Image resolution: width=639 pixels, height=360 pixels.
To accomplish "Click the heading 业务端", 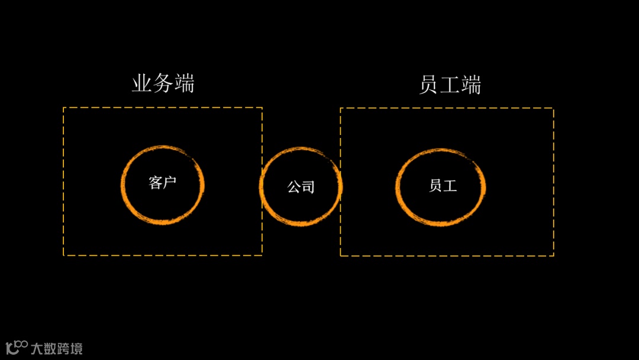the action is point(163,84).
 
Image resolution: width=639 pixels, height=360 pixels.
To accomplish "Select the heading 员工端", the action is point(450,85).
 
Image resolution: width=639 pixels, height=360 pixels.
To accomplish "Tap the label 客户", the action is point(163,183).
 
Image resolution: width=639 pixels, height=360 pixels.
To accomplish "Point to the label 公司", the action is point(301,187).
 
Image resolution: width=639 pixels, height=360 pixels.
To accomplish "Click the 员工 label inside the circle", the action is point(443,185).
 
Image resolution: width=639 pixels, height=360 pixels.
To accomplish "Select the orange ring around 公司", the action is point(262,187).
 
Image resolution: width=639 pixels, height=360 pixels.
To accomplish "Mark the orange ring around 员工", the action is point(398,187).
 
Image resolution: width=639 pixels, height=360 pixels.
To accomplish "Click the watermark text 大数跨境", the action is point(57,348).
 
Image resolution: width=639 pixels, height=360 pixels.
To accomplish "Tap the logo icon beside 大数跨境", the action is point(17,347).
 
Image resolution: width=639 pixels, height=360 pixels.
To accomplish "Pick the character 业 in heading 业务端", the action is point(142,84).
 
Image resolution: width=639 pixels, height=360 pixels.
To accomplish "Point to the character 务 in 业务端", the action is point(163,84).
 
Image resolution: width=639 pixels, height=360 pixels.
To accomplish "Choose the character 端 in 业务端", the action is point(184,84).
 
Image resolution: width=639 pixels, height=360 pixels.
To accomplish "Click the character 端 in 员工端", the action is point(471,85).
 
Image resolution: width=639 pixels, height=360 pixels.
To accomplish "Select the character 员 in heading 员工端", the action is point(428,85).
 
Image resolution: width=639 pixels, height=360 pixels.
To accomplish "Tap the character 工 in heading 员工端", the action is point(450,85).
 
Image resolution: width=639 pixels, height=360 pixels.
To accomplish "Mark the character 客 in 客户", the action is point(156,183).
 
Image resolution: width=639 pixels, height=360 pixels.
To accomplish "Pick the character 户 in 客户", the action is point(170,183).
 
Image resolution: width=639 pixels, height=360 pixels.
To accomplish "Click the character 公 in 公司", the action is point(294,187).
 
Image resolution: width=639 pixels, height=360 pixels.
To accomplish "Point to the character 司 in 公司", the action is point(308,187).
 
